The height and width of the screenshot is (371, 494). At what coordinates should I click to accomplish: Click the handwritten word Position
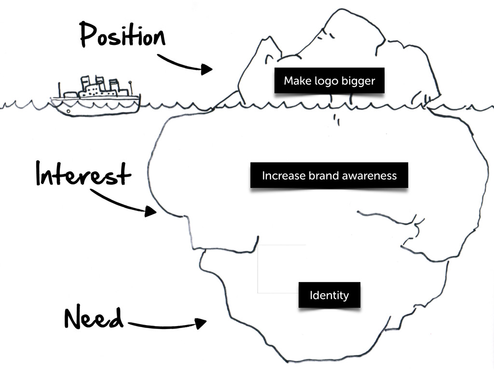[122, 35]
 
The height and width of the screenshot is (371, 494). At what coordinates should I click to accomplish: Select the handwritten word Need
[93, 318]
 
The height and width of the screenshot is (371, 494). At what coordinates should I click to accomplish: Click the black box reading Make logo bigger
[329, 81]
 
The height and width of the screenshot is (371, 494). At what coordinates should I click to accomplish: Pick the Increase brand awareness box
[329, 175]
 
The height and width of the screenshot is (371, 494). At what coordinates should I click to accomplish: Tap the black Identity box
[329, 295]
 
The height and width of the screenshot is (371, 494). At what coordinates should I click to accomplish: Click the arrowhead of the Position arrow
[207, 70]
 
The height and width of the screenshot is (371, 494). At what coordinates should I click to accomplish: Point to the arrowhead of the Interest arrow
[151, 211]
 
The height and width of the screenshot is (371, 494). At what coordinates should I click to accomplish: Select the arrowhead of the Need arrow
[201, 323]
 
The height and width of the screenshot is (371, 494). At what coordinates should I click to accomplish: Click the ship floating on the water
[96, 97]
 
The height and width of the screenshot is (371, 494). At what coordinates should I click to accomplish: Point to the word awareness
[369, 175]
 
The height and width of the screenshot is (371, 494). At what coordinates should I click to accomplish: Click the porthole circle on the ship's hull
[68, 111]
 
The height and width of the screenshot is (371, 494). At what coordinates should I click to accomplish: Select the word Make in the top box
[294, 81]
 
